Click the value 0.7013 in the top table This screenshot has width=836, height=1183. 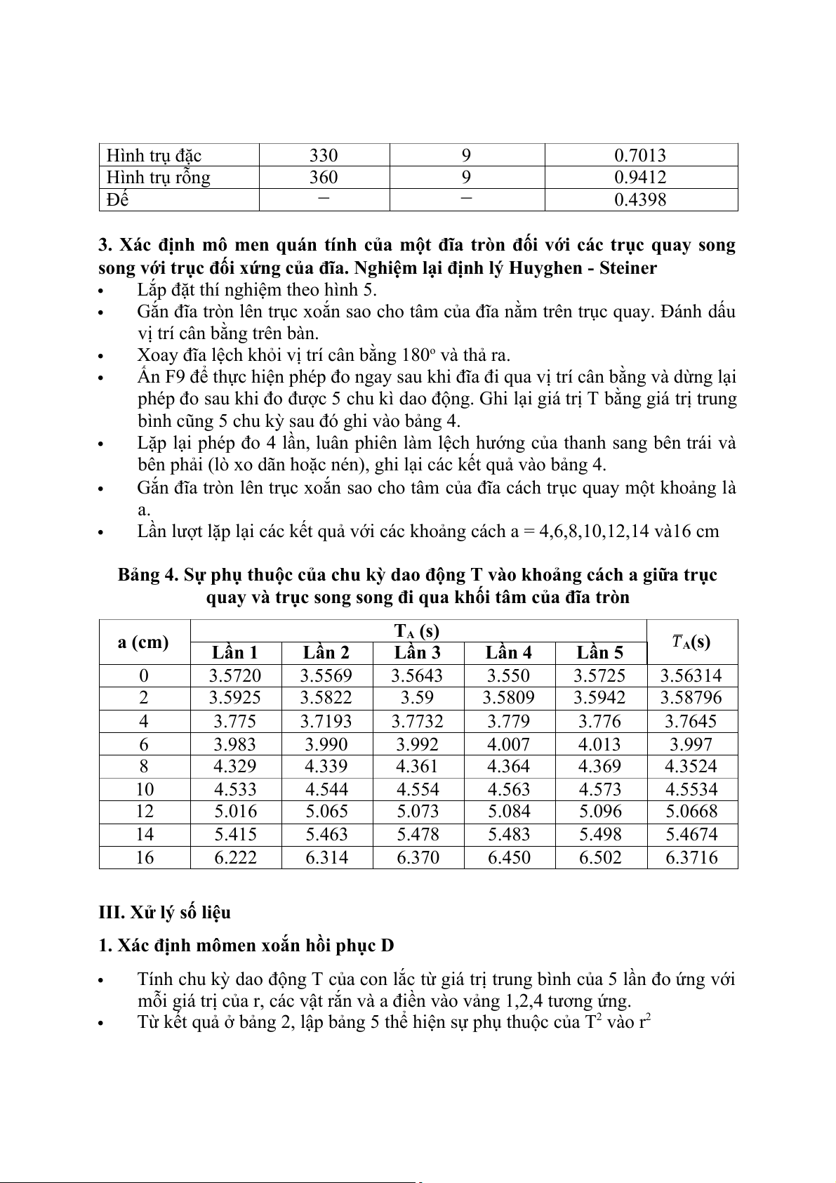click(x=639, y=155)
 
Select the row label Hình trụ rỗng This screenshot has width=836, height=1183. click(x=158, y=178)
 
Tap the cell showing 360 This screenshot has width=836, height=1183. click(x=324, y=178)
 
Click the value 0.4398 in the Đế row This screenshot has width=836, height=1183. click(x=639, y=200)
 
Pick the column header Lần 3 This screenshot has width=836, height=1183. click(x=418, y=653)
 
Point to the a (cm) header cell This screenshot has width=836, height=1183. click(x=144, y=642)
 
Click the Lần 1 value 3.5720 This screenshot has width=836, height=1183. click(x=235, y=676)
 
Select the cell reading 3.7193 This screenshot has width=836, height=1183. click(x=326, y=721)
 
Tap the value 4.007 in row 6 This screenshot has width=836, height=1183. click(x=509, y=744)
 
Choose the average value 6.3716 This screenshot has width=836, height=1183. click(x=691, y=857)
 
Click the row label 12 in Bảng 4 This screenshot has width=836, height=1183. click(x=144, y=812)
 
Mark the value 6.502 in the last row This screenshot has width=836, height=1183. click(x=600, y=857)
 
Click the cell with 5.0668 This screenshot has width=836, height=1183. click(x=691, y=812)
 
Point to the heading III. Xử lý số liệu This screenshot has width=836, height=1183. click(x=165, y=913)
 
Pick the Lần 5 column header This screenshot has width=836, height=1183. click(x=600, y=653)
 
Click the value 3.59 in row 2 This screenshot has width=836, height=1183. click(x=418, y=698)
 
